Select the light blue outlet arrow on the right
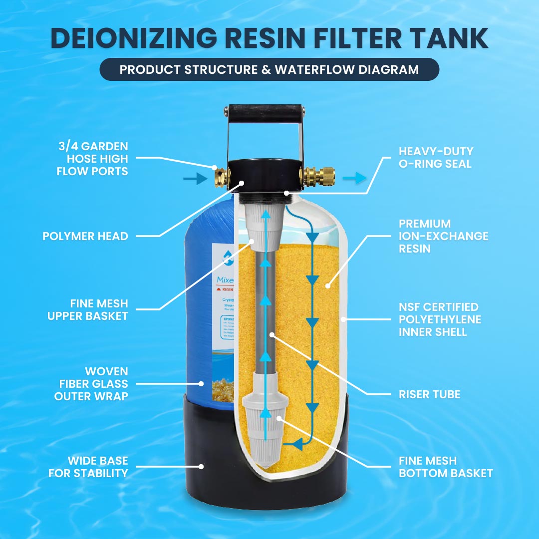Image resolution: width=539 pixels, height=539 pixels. (353, 179)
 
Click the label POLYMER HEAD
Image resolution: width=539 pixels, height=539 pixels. (85, 236)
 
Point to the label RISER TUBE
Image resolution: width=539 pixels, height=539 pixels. (429, 394)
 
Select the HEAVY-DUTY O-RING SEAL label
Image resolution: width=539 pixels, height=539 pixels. (436, 157)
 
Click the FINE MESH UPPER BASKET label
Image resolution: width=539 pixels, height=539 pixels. (88, 309)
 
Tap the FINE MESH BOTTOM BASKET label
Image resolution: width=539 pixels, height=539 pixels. (445, 467)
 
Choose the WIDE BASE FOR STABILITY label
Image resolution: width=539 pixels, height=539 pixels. (88, 467)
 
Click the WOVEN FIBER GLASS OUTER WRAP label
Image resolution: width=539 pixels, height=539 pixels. (92, 384)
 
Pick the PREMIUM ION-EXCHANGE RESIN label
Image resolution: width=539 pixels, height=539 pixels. (443, 236)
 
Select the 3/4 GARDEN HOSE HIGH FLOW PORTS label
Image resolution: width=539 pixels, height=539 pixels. (92, 159)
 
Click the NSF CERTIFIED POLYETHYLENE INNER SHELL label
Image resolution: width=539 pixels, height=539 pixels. (439, 319)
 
